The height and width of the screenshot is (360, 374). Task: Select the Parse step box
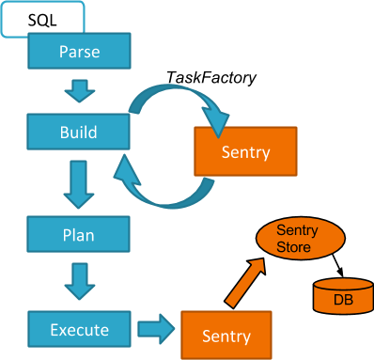79,51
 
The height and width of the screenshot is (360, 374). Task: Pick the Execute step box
79,330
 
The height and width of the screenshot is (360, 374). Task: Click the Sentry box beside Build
245,151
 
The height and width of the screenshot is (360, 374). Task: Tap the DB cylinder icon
337,296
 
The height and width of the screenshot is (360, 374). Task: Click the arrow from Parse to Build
79,91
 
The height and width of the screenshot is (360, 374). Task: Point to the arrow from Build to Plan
78,184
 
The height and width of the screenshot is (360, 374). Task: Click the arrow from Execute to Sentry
155,330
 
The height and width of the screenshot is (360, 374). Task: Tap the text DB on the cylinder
337,300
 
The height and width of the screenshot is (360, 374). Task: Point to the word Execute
79,330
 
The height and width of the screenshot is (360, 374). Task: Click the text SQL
42,19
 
